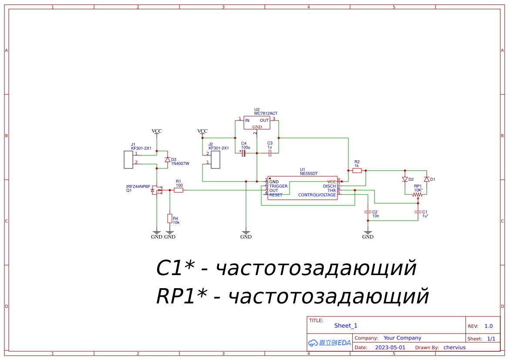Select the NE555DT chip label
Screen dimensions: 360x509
(x=309, y=173)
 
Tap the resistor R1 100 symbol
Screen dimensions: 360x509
(x=179, y=190)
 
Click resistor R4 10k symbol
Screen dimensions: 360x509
(x=169, y=219)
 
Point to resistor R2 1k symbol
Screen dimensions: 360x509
(x=357, y=171)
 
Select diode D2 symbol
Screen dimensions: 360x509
(x=405, y=179)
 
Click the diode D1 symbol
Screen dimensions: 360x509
(x=427, y=179)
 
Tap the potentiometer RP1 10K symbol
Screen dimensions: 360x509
(x=418, y=195)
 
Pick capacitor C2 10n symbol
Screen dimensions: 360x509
(x=368, y=212)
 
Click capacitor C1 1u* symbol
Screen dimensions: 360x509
(x=418, y=212)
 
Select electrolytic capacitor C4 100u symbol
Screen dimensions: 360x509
(x=244, y=153)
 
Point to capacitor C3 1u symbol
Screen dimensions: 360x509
(x=270, y=153)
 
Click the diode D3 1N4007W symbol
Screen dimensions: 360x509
(x=168, y=160)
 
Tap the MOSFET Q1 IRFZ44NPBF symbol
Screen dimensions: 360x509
(x=156, y=190)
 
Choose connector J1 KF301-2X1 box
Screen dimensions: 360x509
(x=128, y=159)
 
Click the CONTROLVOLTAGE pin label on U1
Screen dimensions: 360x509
(x=317, y=195)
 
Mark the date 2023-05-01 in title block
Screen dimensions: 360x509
(x=390, y=347)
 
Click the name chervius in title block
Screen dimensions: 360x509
(x=454, y=347)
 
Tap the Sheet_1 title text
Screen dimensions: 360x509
(x=345, y=326)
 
